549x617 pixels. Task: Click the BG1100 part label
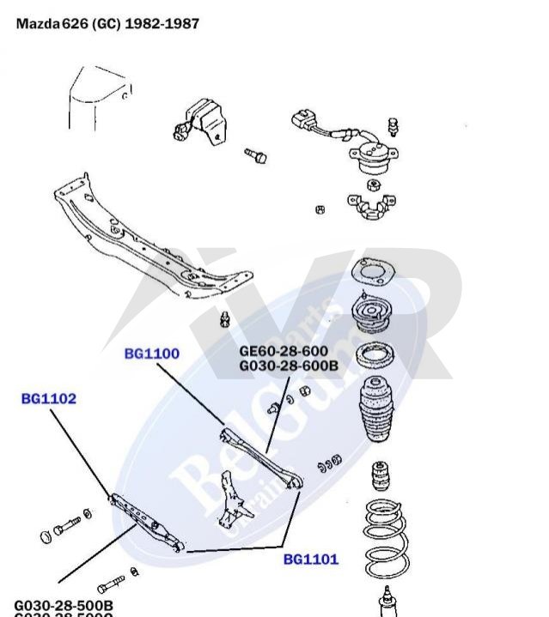click(151, 353)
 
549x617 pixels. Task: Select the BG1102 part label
click(49, 398)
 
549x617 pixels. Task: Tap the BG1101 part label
click(311, 560)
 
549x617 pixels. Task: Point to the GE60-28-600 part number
click(284, 350)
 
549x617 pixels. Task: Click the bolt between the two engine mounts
click(256, 156)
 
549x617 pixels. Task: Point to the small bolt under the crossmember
click(226, 319)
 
